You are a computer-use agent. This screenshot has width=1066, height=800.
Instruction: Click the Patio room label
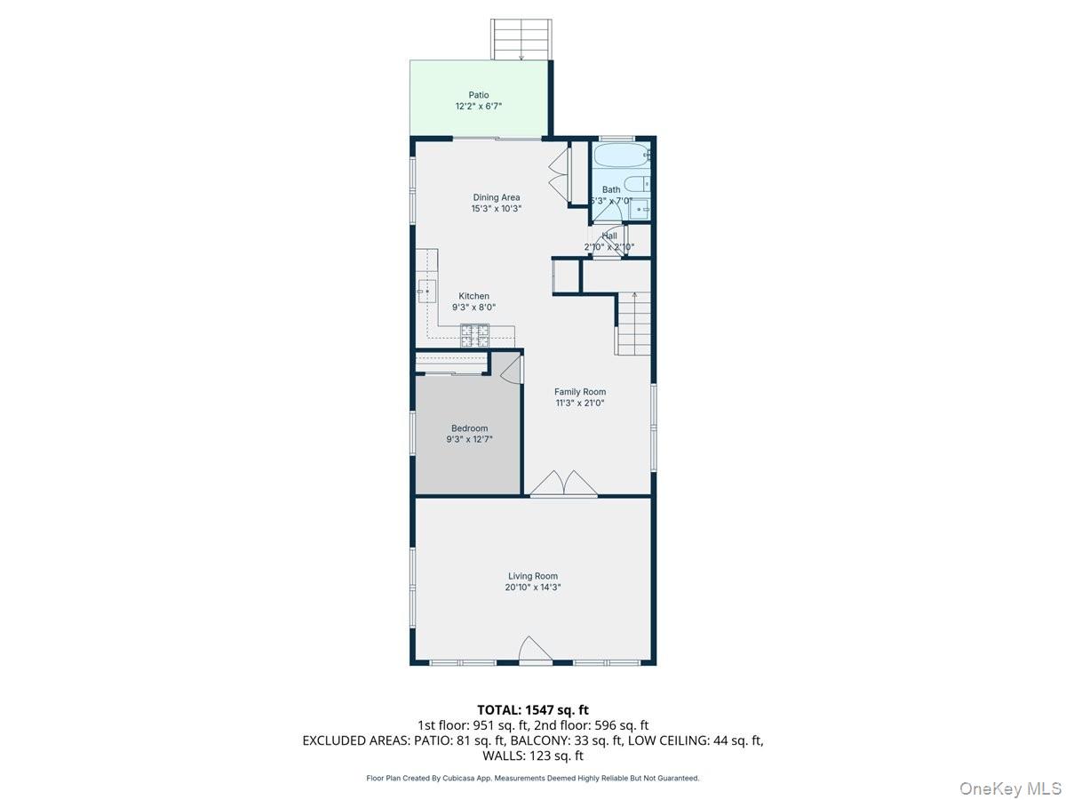(479, 95)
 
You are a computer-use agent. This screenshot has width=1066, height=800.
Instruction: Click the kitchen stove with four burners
(474, 335)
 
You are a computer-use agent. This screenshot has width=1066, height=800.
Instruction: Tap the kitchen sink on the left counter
(426, 290)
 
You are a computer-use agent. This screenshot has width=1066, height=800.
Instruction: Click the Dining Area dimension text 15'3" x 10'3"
(496, 209)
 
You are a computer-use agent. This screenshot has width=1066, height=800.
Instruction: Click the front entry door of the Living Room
(535, 651)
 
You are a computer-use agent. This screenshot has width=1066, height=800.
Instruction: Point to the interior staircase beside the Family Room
(633, 324)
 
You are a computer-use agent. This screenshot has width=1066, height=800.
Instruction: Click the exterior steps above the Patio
(520, 39)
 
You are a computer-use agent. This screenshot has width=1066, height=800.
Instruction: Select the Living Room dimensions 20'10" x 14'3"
(533, 588)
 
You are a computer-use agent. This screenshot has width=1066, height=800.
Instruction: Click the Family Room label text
(579, 391)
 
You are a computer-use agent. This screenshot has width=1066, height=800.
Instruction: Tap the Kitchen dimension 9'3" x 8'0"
(473, 308)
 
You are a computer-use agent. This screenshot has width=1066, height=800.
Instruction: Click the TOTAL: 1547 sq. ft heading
(533, 709)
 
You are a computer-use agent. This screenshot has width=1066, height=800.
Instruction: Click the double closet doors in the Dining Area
(560, 174)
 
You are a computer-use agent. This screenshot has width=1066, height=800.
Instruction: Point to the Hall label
(609, 236)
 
